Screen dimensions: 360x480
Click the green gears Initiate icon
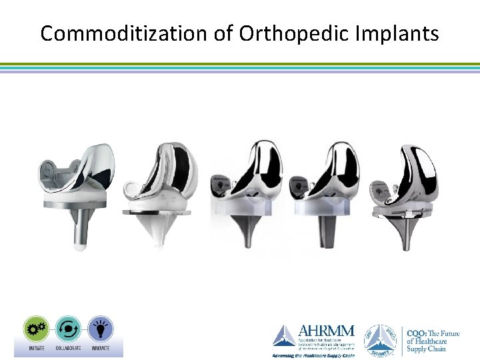pyautogui.click(x=36, y=328)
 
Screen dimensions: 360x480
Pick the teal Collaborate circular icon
pyautogui.click(x=69, y=328)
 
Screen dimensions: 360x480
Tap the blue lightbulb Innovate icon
pyautogui.click(x=101, y=328)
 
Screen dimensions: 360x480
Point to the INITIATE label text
pyautogui.click(x=36, y=347)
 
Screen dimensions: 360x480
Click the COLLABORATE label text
pyautogui.click(x=69, y=347)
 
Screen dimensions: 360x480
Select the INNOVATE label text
pyautogui.click(x=101, y=347)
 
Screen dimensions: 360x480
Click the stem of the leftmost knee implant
pyautogui.click(x=79, y=229)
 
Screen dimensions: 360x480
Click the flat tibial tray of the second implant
pyautogui.click(x=157, y=212)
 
